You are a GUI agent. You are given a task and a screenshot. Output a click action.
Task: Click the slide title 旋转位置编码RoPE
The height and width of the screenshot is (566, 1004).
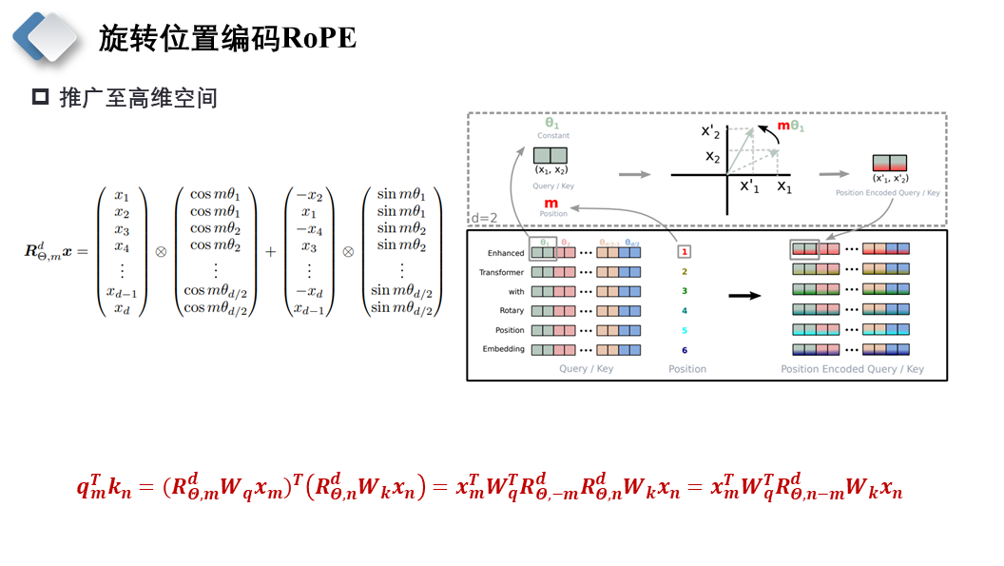[x=227, y=38]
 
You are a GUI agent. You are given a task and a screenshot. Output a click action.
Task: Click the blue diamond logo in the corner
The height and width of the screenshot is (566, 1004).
[x=45, y=36]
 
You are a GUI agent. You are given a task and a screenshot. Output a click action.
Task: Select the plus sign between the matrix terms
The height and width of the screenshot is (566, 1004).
[x=271, y=251]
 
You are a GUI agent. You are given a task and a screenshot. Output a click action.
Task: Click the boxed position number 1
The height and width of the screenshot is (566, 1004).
[x=684, y=252]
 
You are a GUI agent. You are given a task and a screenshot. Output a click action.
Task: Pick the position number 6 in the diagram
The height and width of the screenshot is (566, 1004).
[x=684, y=350]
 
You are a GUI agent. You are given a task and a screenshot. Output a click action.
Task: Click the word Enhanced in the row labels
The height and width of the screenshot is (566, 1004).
[x=506, y=253]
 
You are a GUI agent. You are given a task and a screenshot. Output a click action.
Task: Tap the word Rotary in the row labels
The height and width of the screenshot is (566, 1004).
[x=512, y=311]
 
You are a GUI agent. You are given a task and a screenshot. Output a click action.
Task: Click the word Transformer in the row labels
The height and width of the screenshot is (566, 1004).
[x=502, y=272]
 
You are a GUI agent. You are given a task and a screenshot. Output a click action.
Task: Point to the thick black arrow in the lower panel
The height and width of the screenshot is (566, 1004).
[x=744, y=296]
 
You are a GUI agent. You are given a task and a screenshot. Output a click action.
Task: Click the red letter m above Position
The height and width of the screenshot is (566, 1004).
[x=550, y=203]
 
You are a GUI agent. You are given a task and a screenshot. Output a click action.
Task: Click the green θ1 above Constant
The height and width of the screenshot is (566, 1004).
[x=552, y=124]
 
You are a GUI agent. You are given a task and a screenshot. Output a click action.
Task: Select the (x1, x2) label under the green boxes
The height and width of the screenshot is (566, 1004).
[x=551, y=170]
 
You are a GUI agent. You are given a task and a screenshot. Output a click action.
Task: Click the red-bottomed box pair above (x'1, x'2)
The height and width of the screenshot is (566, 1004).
[x=890, y=163]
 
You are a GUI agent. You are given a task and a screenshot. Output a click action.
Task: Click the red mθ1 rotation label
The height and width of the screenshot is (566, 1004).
[x=791, y=126]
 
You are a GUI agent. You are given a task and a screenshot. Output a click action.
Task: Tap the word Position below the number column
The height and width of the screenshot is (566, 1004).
[x=686, y=369]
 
